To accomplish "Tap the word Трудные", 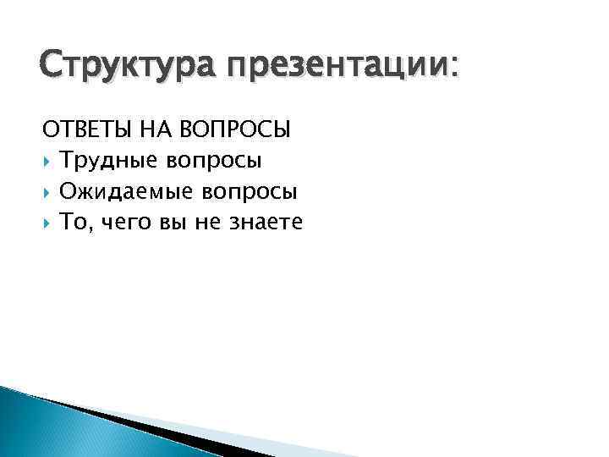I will [108, 161].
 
